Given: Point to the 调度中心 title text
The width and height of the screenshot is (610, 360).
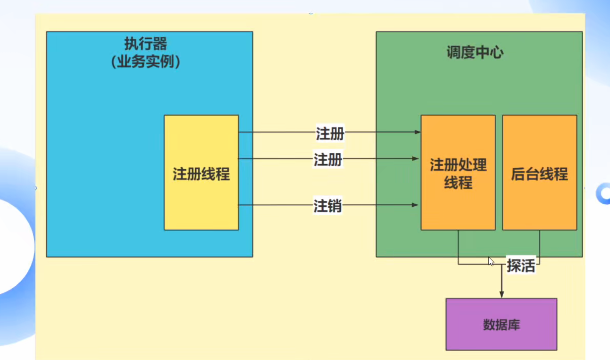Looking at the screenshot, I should tap(475, 53).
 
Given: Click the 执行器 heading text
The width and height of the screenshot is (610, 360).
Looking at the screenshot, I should tap(146, 44).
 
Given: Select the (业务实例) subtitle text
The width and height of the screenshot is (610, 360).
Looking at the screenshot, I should tap(146, 62).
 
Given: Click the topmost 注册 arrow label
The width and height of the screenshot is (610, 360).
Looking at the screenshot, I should tap(330, 133).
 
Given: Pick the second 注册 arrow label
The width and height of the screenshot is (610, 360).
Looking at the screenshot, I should tap(328, 159).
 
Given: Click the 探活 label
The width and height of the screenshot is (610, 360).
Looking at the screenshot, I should tap(521, 266).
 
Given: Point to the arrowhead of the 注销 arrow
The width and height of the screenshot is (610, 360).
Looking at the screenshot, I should tap(415, 205).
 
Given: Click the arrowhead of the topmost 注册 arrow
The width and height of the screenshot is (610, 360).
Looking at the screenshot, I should tap(417, 132).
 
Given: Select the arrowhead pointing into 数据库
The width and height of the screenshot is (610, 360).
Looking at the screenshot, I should tap(502, 295).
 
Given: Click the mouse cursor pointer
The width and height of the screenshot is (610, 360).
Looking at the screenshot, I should tap(491, 261).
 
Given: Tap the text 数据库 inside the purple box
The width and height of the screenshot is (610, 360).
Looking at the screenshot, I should tap(501, 325).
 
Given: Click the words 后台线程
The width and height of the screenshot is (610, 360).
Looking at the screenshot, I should tap(540, 174).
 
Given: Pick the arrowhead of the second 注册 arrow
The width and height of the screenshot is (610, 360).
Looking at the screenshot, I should tap(415, 158).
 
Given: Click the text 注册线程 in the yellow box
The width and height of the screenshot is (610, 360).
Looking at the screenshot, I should tap(201, 174).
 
